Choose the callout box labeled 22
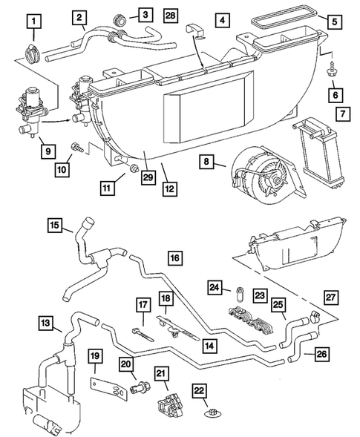(x=199, y=391)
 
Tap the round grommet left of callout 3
(x=117, y=17)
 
